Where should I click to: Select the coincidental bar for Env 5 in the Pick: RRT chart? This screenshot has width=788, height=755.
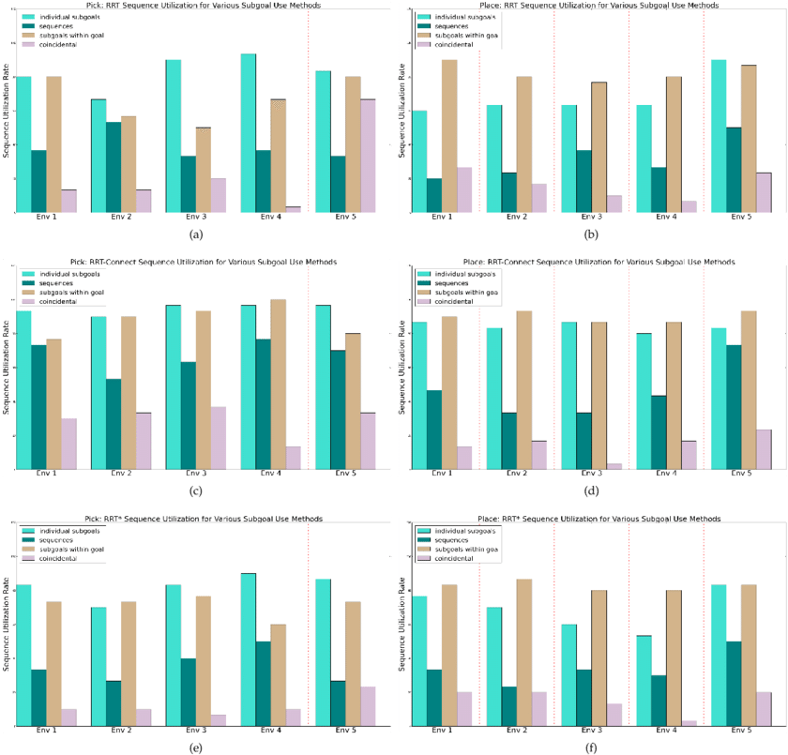coord(368,156)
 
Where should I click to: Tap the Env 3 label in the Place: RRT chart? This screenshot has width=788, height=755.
coord(591,218)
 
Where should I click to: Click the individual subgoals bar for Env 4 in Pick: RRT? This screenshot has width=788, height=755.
coord(249,132)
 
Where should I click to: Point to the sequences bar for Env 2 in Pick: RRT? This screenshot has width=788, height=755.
coord(113,167)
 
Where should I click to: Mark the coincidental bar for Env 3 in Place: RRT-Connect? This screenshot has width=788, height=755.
coord(614,466)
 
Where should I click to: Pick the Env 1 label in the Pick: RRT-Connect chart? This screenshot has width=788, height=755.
coord(46,475)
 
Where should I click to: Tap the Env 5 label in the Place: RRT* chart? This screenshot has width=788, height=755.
coord(741,731)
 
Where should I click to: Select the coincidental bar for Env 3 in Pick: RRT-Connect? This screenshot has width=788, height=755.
coord(218,437)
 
